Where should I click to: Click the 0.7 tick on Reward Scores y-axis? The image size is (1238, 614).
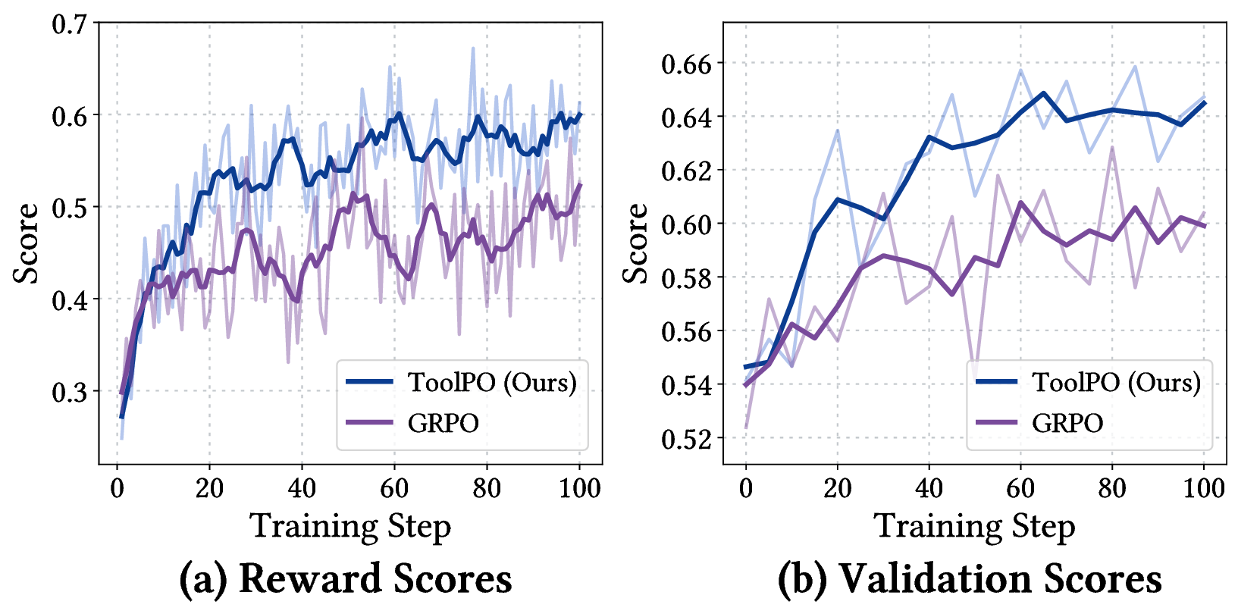tap(69, 23)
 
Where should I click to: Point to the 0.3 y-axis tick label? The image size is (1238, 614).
tap(69, 392)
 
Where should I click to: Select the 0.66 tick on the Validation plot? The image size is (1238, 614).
tap(687, 64)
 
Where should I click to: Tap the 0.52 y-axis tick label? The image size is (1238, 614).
tap(687, 439)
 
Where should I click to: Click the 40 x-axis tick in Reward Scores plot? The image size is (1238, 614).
tap(301, 487)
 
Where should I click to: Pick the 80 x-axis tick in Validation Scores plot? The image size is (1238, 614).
tap(1112, 487)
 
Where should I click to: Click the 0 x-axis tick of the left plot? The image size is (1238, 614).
tap(117, 487)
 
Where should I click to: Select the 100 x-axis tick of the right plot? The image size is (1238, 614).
tap(1204, 487)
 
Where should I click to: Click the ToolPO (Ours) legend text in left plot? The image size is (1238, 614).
tap(492, 382)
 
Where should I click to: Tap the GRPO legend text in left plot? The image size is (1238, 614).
tap(443, 422)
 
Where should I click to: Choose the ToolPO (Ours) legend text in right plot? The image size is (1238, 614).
tap(1116, 382)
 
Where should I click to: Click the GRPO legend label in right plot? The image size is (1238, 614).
tap(1067, 422)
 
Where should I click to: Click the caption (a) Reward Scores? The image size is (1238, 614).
tap(346, 578)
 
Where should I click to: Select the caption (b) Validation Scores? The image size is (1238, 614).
tap(970, 578)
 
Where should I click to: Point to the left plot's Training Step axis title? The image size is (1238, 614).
tap(350, 526)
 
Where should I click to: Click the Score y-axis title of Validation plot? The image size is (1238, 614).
tap(635, 243)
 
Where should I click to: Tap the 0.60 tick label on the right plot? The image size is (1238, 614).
tap(687, 224)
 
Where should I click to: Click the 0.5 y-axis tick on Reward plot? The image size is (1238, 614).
tap(69, 208)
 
